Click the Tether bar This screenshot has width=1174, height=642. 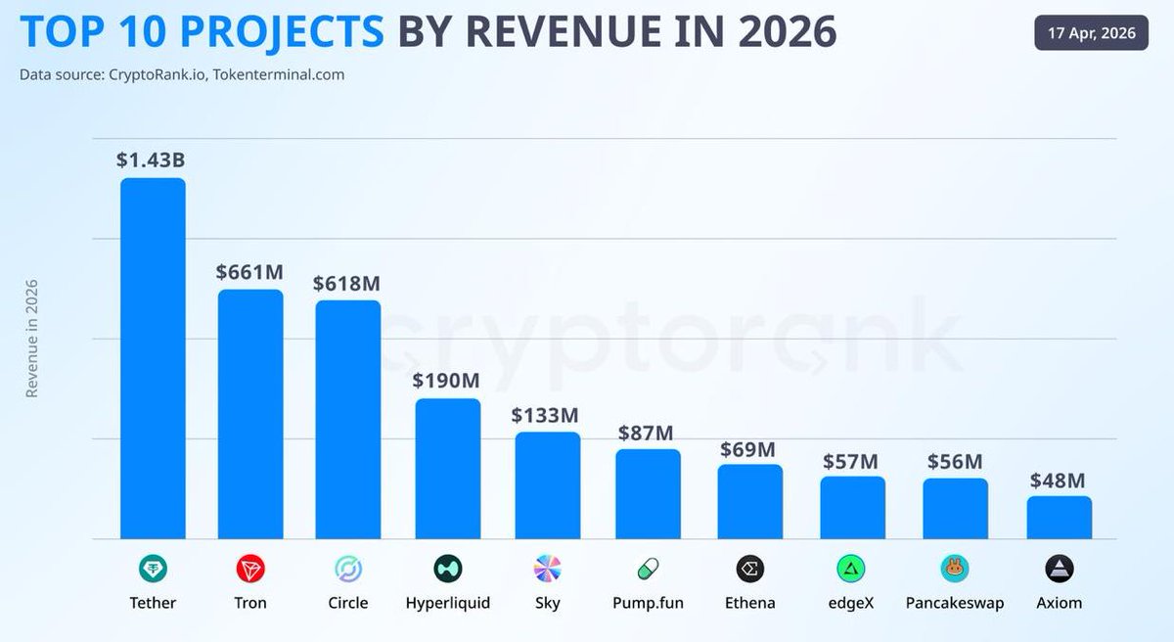point(153,358)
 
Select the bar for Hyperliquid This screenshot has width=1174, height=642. point(448,469)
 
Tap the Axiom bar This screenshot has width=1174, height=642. point(1059,518)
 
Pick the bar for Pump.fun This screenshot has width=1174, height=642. point(648,494)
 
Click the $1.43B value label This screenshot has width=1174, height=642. point(151,160)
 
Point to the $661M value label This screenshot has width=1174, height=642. point(249,272)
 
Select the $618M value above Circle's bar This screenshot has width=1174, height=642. point(346,283)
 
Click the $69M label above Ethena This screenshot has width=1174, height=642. point(747,449)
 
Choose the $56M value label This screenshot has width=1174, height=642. point(954,462)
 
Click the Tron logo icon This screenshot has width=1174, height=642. point(250,569)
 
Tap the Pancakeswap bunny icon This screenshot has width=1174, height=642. point(954,569)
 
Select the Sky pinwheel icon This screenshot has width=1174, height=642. point(548,569)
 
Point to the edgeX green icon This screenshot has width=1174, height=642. point(851,569)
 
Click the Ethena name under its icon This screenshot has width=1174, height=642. point(749,603)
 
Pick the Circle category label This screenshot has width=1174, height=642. point(347,603)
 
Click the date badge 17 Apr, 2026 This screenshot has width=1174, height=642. point(1091,33)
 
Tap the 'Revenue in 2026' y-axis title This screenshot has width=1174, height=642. point(31,339)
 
